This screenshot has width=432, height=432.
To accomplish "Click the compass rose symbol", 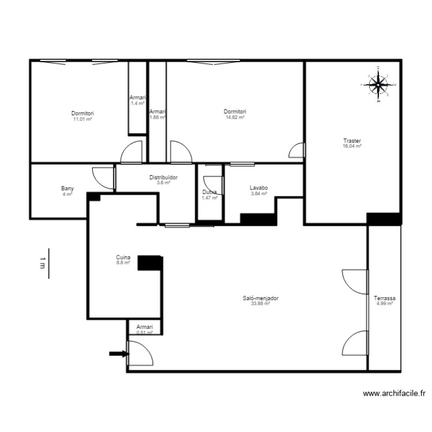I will tap(378, 85).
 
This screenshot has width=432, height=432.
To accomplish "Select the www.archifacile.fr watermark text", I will tap(394, 394).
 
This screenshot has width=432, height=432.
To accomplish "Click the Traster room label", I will tap(352, 141).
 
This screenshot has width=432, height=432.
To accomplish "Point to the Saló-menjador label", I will tap(261, 298).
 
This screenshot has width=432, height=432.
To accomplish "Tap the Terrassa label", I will tap(384, 298).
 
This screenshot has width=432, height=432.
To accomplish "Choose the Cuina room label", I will tap(122, 257).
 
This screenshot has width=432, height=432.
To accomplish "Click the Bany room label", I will tap(67, 188).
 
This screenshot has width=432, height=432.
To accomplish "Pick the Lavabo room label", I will tap(259, 188).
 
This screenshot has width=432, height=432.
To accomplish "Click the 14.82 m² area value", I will tap(235, 117).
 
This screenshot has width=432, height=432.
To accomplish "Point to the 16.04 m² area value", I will tap(352, 146).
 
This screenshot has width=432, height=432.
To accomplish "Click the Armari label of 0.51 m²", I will tap(144, 326).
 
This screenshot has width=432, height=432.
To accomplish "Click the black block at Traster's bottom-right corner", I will tap(383, 219).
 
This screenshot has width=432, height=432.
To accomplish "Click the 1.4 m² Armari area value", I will tap(137, 103).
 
